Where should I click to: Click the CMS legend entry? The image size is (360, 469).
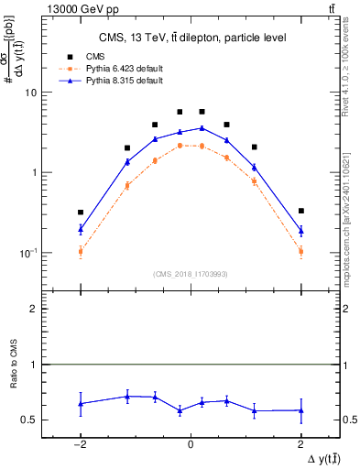(91, 57)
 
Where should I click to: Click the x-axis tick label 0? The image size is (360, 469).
(191, 443)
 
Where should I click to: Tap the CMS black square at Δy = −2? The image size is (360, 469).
(81, 213)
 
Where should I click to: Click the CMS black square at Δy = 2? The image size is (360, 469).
(300, 211)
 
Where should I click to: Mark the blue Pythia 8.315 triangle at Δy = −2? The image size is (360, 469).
(81, 229)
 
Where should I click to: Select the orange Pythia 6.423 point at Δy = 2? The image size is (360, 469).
(300, 250)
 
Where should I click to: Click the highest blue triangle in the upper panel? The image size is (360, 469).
(202, 128)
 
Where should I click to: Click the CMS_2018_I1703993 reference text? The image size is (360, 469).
(191, 274)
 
